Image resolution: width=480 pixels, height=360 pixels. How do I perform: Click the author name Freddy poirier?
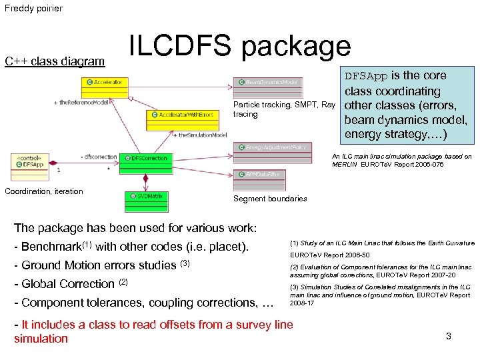33,9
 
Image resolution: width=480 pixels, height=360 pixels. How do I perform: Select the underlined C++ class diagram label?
55,62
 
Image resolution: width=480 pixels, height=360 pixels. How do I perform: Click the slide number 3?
449,336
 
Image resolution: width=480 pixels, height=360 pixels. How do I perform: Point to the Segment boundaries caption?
270,199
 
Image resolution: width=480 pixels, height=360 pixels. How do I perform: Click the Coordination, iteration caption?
44,191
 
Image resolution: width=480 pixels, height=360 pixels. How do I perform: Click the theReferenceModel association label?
81,103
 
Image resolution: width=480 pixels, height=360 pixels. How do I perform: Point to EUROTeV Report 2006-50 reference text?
328,255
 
